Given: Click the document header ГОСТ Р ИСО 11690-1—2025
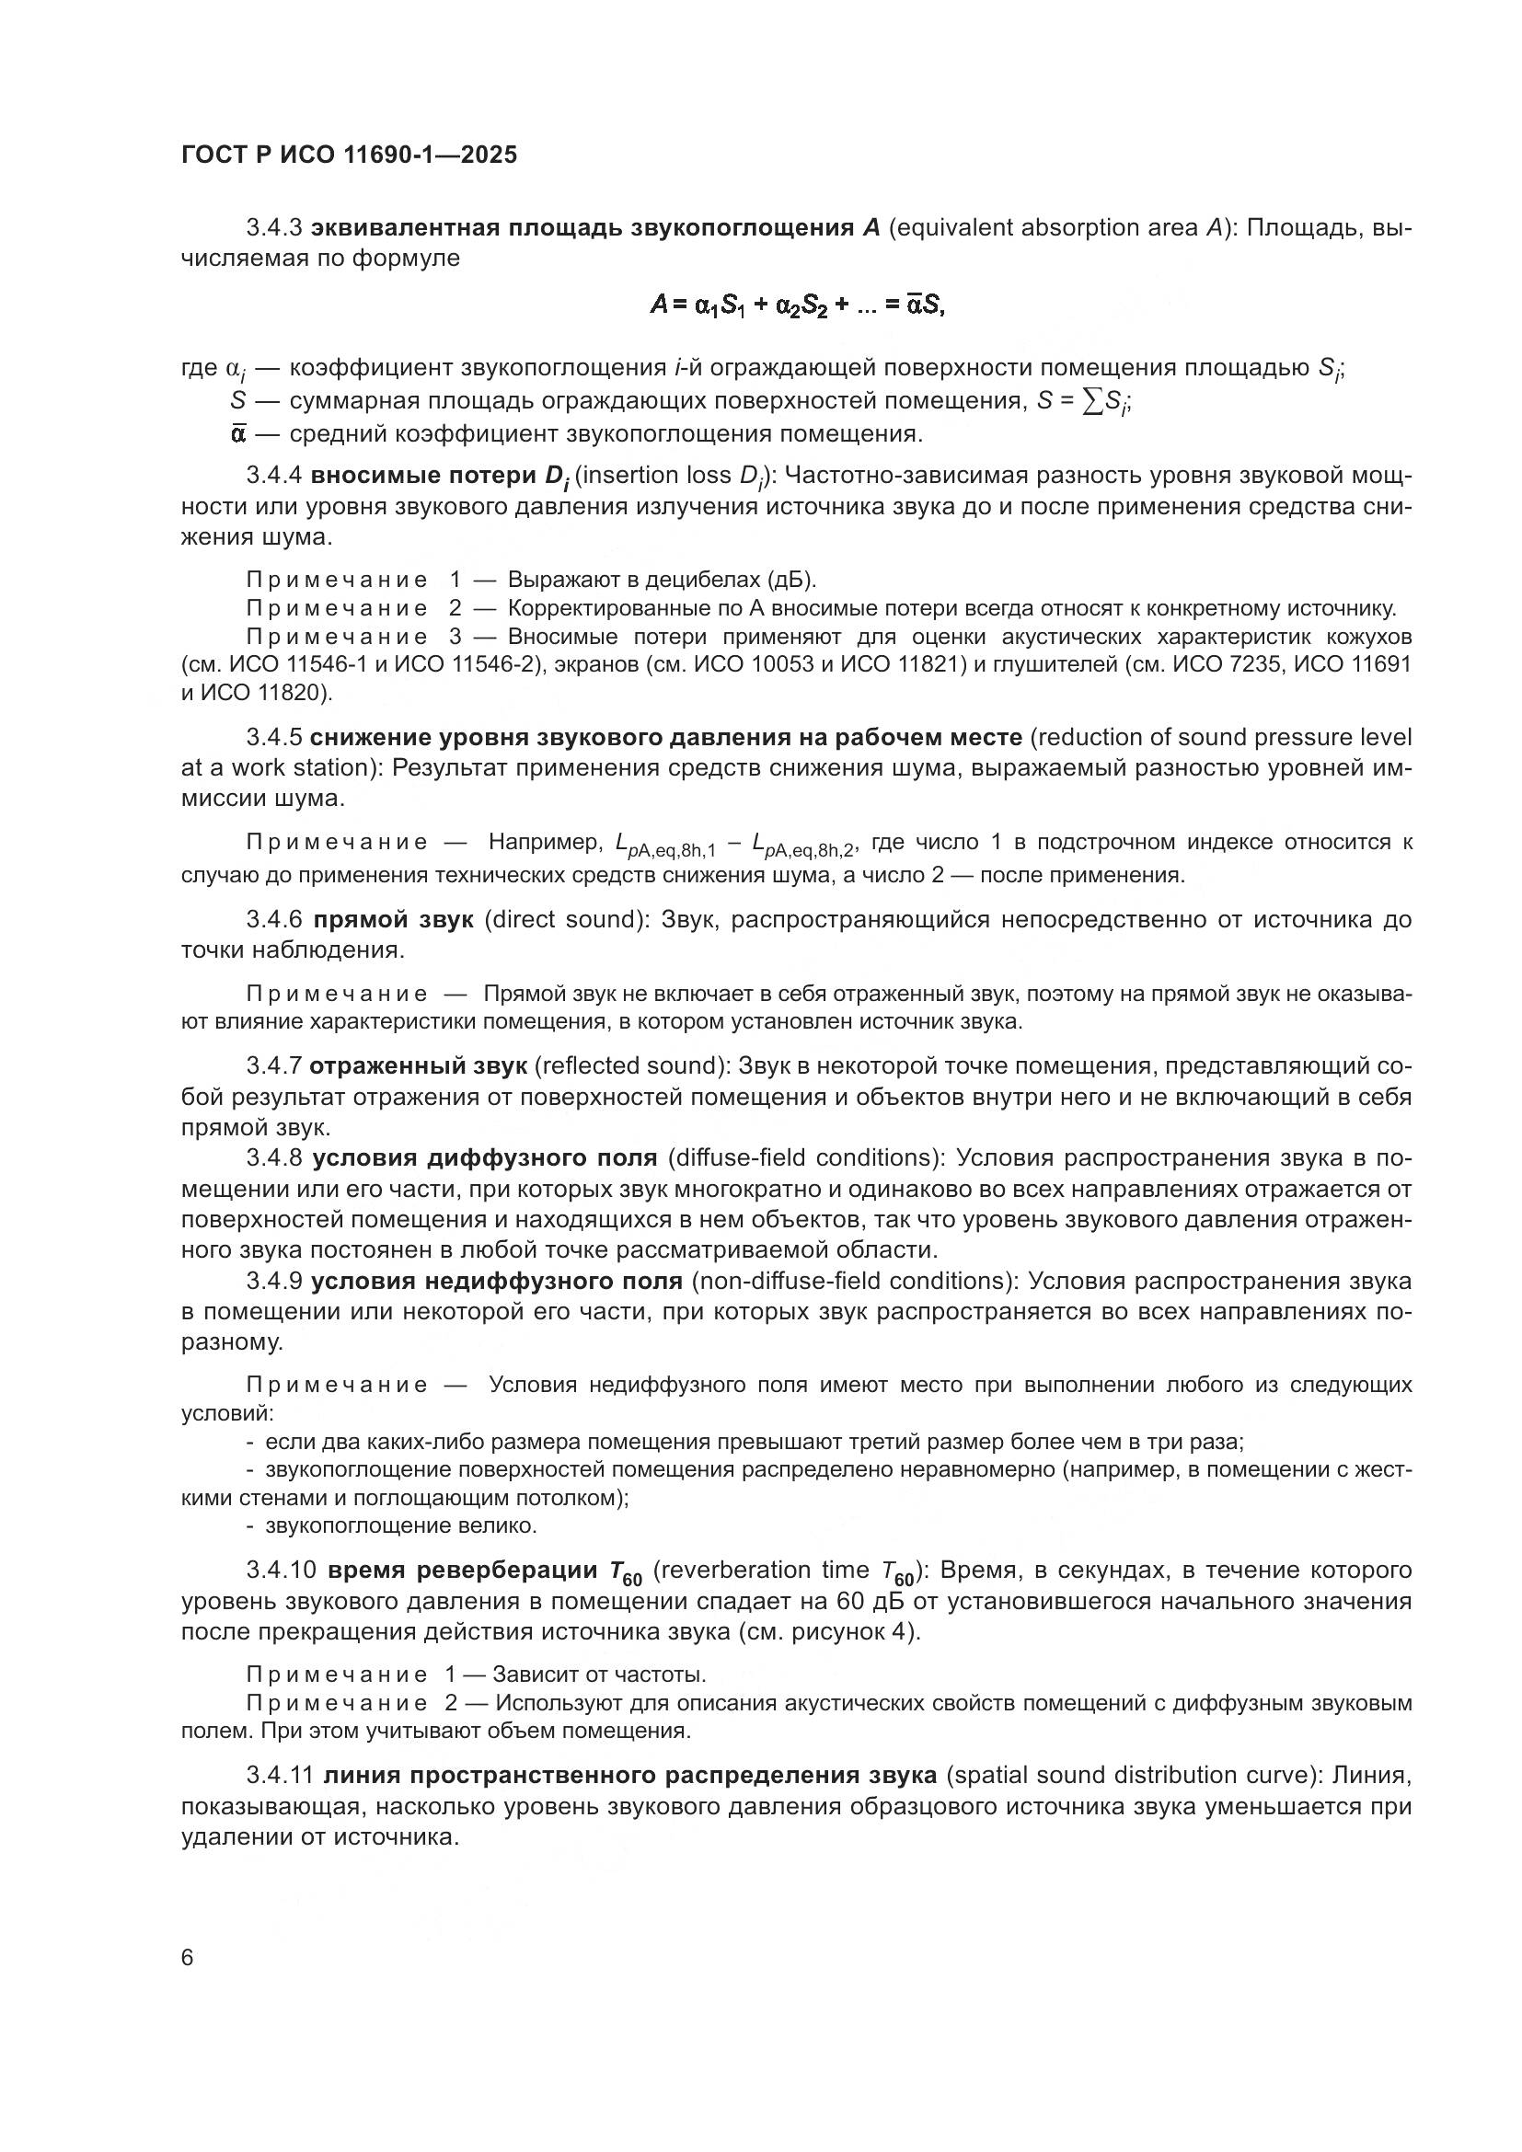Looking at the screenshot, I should coord(349,155).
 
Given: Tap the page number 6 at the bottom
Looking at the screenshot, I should coord(188,1959).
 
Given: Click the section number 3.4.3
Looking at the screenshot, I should coord(273,228).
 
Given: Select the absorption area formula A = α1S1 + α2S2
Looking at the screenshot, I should coord(797,305).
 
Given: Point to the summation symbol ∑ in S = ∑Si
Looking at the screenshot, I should coord(1092,401).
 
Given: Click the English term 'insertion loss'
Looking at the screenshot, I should coord(652,477).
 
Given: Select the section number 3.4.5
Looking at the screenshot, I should coord(273,738).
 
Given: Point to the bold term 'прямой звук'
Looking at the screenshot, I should coord(393,919).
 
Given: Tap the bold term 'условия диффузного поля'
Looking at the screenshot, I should coord(485,1158).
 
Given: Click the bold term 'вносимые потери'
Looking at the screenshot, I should coord(423,477).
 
